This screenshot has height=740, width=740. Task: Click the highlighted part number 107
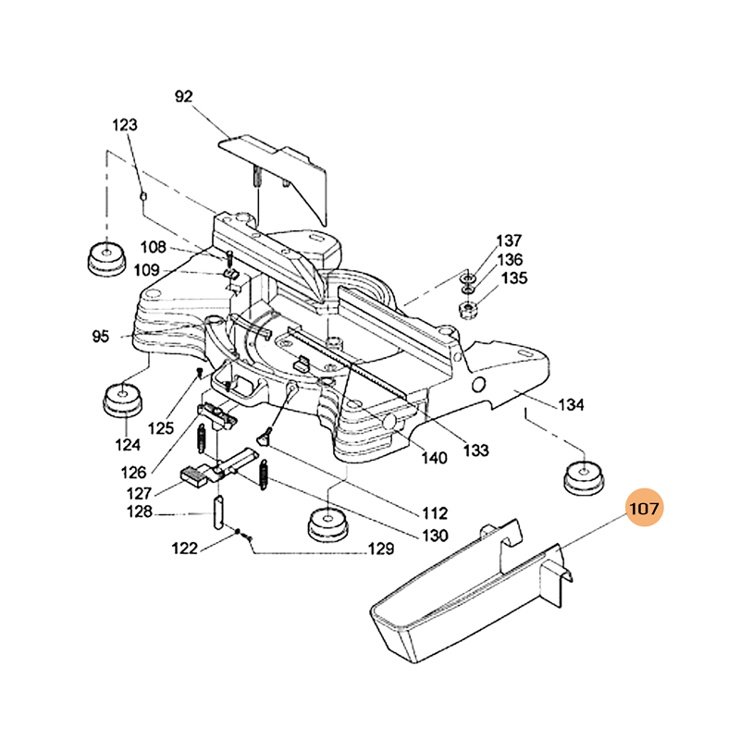point(646,508)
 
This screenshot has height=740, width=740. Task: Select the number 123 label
point(125,125)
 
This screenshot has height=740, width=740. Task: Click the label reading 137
point(511,240)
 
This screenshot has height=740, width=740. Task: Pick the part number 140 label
point(432,458)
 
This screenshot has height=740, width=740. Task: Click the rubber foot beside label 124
point(123,401)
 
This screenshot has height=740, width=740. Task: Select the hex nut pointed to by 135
point(468,309)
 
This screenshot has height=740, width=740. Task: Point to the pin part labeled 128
point(218,512)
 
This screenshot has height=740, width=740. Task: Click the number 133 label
point(475,451)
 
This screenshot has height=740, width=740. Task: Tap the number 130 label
point(430,535)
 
